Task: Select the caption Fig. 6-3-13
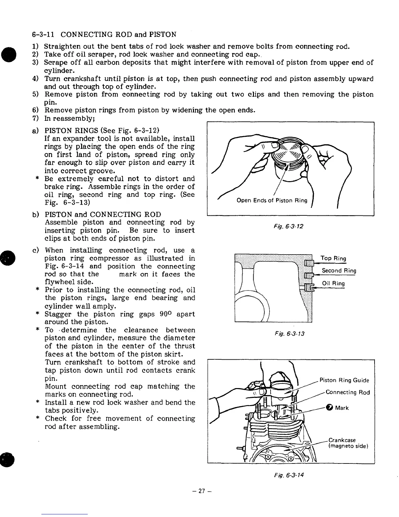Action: (289, 334)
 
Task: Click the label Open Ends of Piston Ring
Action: (272, 200)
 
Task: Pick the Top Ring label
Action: (333, 258)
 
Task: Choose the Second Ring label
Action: (339, 271)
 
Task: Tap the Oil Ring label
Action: (333, 283)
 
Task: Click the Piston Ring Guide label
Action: (344, 380)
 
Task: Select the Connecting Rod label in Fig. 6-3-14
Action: (348, 392)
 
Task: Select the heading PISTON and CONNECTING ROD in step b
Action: (103, 214)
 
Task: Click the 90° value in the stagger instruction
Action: (166, 314)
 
